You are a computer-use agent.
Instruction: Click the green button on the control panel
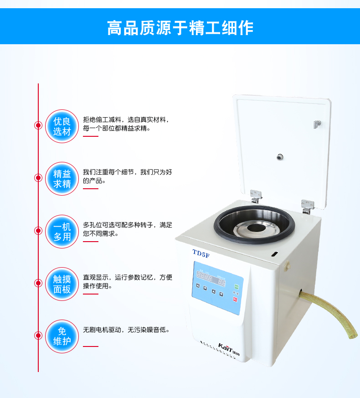[236, 287]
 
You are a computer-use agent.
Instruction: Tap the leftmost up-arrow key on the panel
[198, 286]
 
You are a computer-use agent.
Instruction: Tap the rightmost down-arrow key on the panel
[221, 294]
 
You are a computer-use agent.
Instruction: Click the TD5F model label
[201, 253]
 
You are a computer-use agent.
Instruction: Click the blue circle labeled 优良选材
[62, 126]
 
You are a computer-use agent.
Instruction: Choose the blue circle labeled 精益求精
[62, 179]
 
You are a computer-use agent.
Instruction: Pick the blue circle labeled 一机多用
[62, 232]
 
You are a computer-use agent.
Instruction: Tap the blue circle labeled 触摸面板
[62, 284]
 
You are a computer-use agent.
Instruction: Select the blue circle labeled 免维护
[62, 336]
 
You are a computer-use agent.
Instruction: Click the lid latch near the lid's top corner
[317, 124]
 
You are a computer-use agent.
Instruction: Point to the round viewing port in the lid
[280, 157]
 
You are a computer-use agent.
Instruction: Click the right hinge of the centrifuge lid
[308, 207]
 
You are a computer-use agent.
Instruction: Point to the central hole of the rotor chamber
[257, 227]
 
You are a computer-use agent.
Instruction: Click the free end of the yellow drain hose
[354, 335]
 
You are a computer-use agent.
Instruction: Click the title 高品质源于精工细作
[180, 27]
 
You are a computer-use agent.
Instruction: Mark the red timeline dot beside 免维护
[38, 336]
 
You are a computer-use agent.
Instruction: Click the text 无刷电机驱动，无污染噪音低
[126, 330]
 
